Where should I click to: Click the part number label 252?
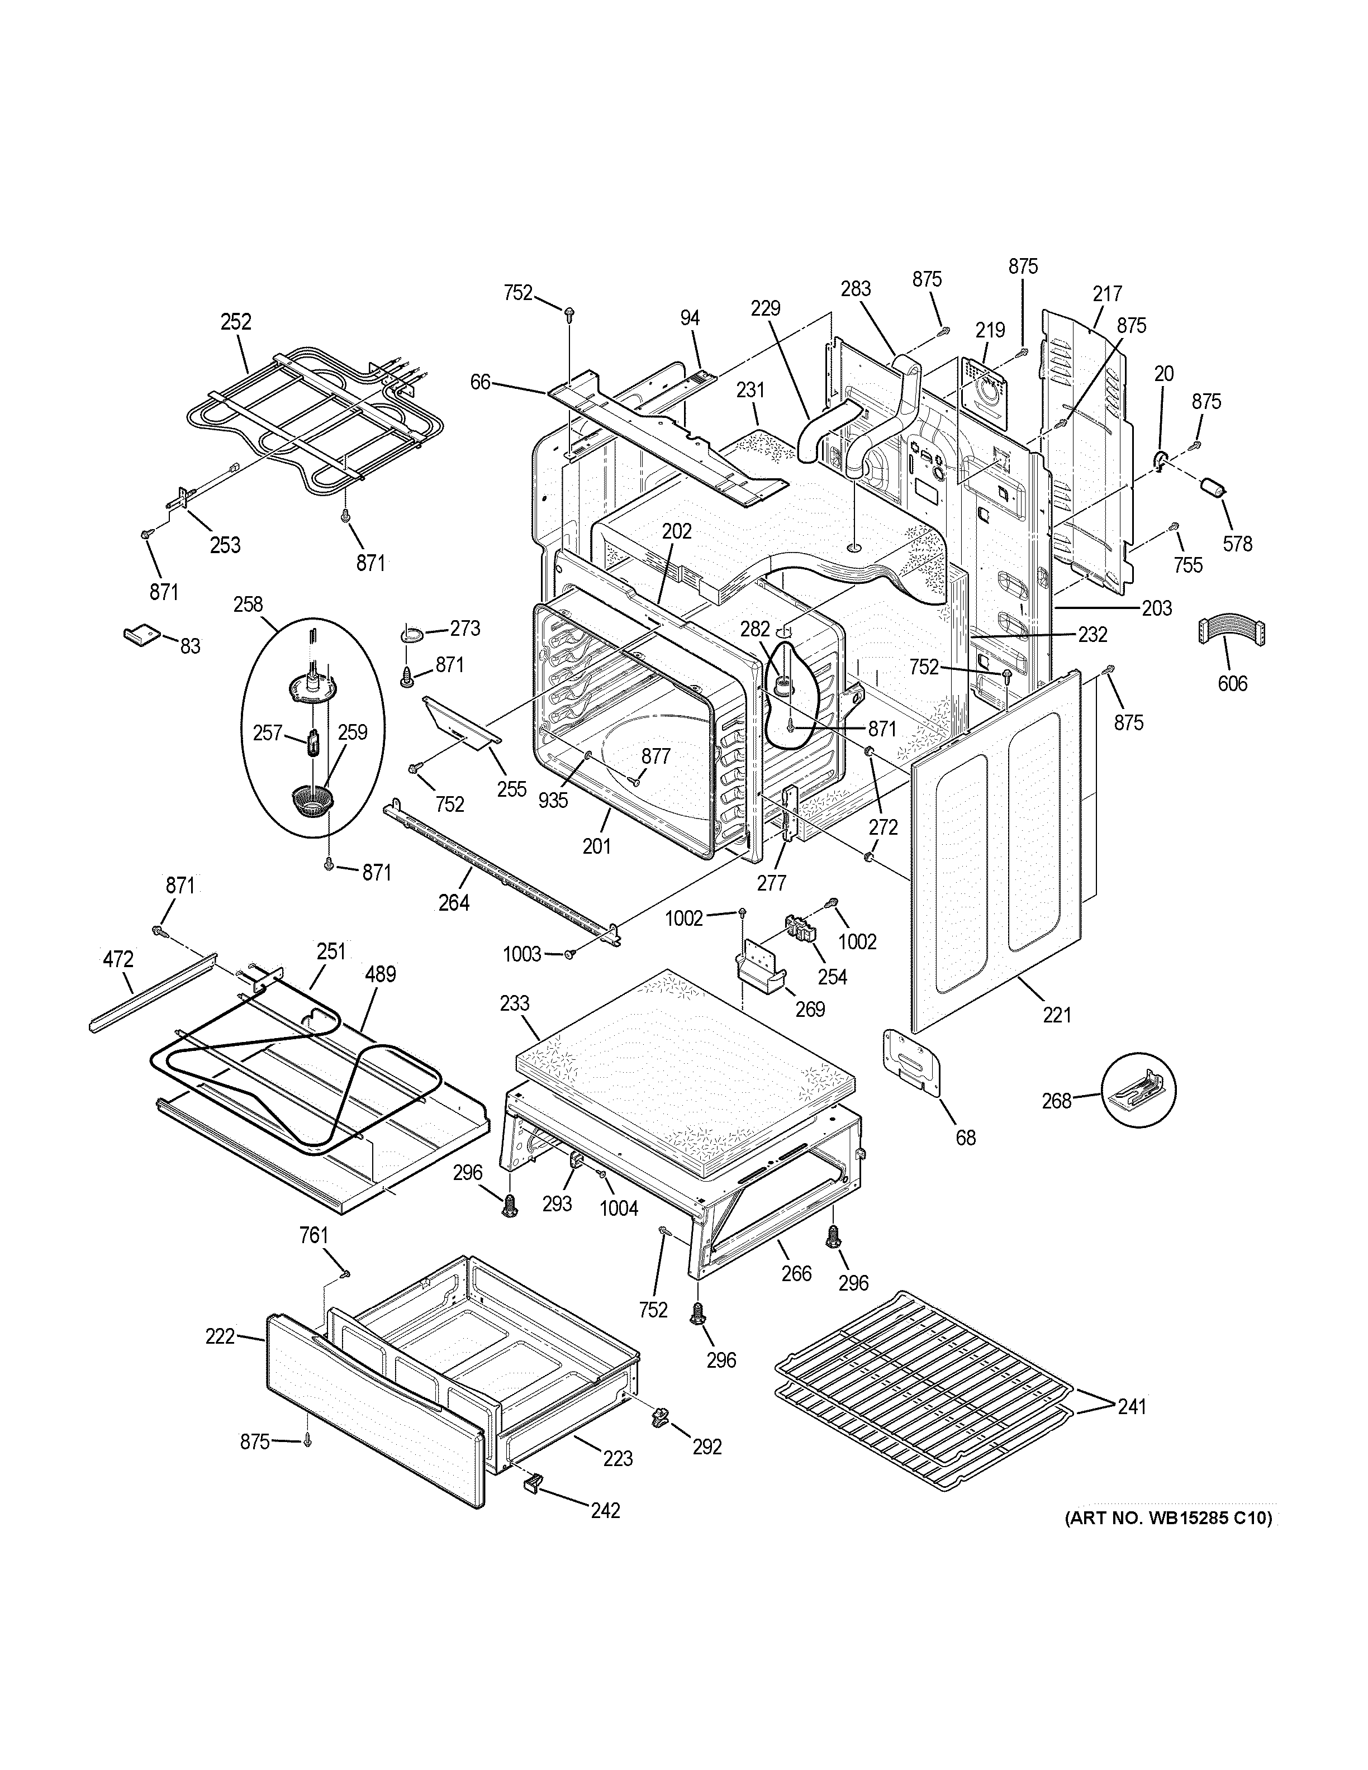(236, 322)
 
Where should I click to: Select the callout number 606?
(1232, 683)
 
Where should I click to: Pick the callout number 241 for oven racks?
(1132, 1407)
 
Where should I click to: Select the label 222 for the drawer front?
(220, 1336)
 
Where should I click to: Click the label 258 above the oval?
(248, 604)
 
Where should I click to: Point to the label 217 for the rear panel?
(1106, 293)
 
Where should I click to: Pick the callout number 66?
(481, 381)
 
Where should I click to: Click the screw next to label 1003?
(571, 955)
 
